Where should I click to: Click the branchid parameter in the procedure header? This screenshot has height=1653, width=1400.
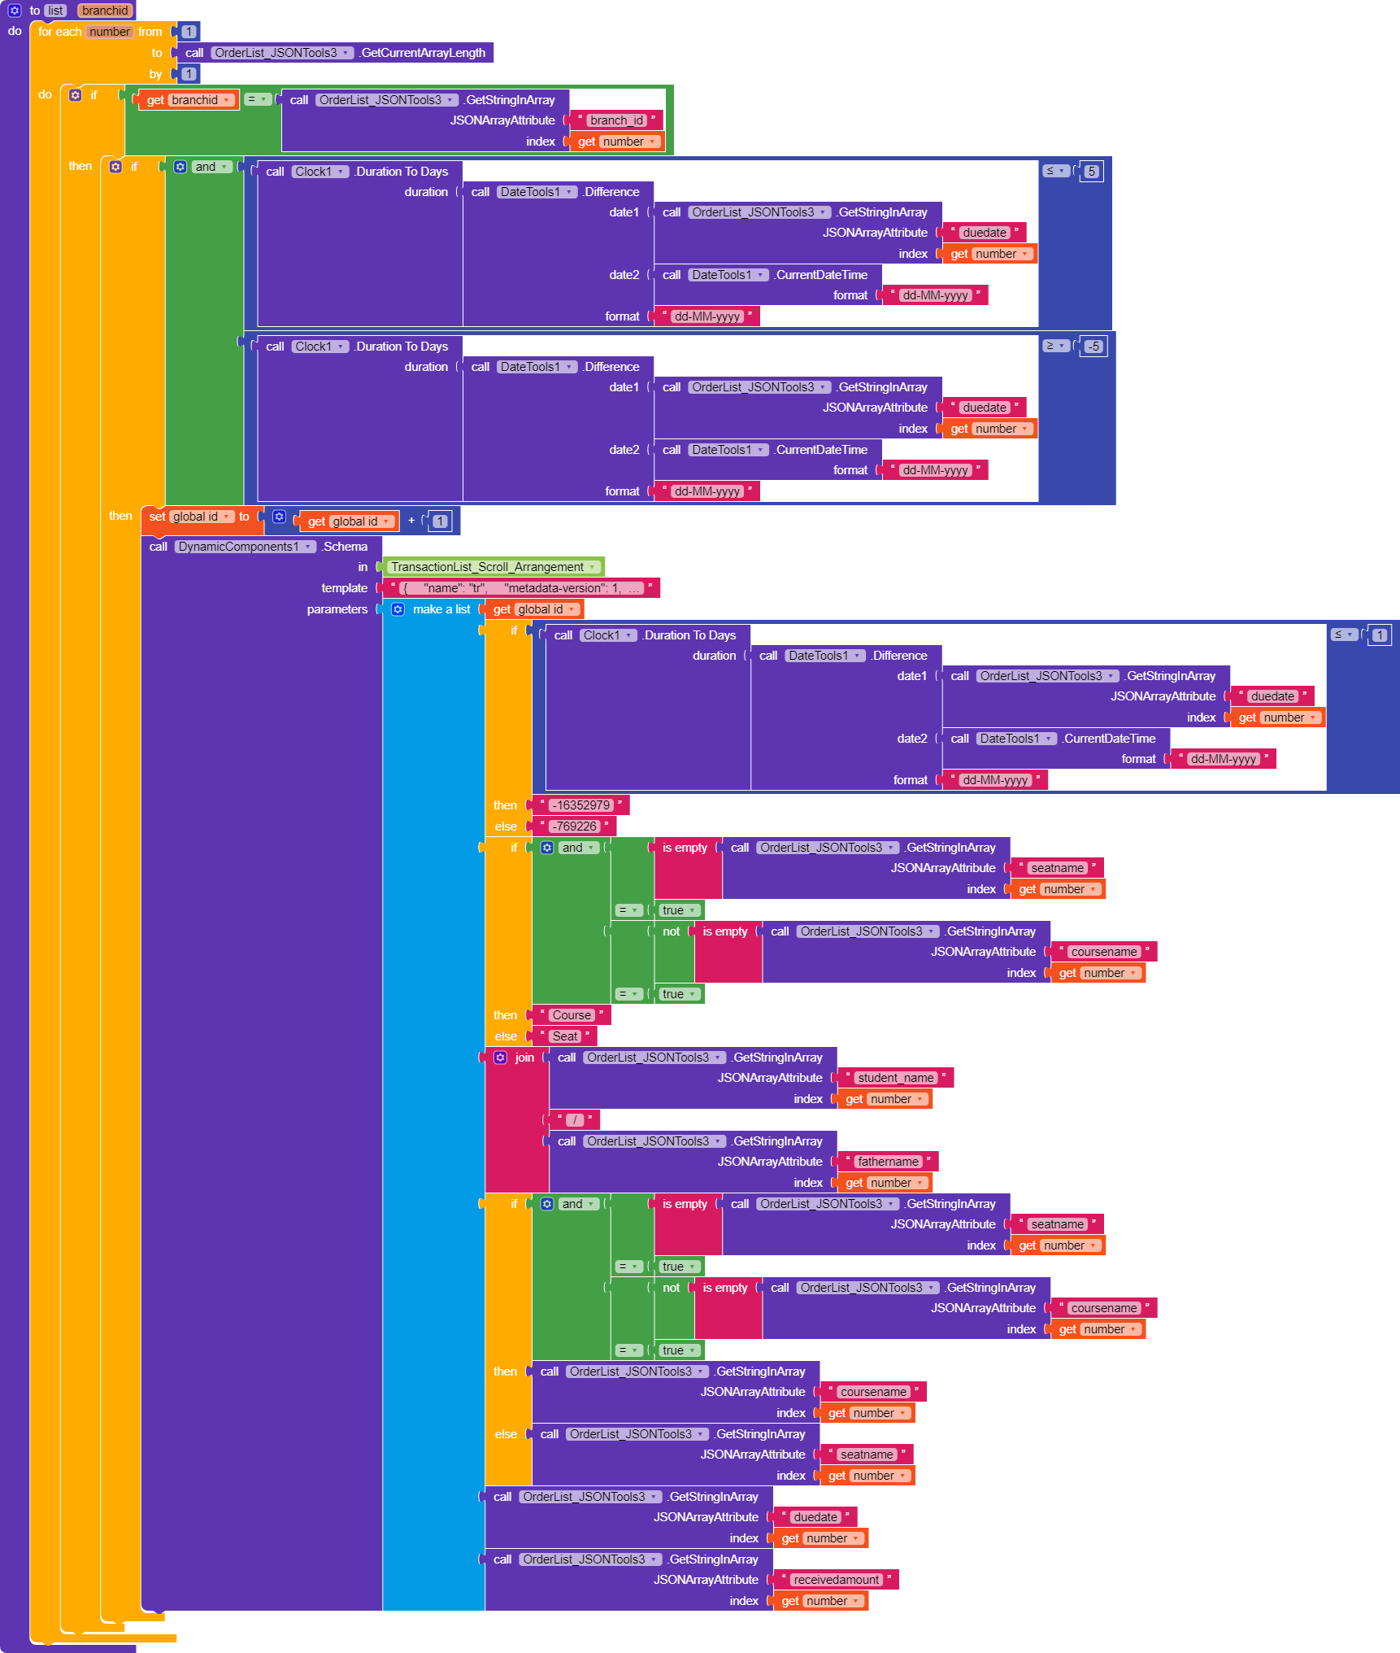[105, 11]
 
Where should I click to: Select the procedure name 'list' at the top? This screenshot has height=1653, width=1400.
[55, 11]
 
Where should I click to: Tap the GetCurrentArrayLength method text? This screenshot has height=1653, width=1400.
[423, 53]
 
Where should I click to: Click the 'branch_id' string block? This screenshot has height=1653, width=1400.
[616, 120]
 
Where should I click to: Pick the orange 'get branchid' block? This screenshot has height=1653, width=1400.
[186, 100]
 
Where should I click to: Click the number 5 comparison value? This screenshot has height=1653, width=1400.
[1092, 172]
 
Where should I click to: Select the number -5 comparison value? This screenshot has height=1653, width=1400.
[1094, 347]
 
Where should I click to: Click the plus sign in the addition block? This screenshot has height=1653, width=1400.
[411, 521]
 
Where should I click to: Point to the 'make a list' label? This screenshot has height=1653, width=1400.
[441, 609]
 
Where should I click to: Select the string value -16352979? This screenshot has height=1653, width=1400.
[582, 805]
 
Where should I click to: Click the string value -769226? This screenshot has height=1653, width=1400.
[575, 826]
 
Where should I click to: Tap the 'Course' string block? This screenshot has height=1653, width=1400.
[572, 1015]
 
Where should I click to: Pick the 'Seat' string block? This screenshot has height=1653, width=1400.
[565, 1036]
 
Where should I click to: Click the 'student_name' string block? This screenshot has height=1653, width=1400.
[896, 1078]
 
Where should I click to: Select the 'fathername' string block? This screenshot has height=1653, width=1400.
[889, 1162]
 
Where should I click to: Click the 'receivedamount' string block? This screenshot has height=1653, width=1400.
[837, 1580]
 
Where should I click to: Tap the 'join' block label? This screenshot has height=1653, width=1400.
[524, 1058]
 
